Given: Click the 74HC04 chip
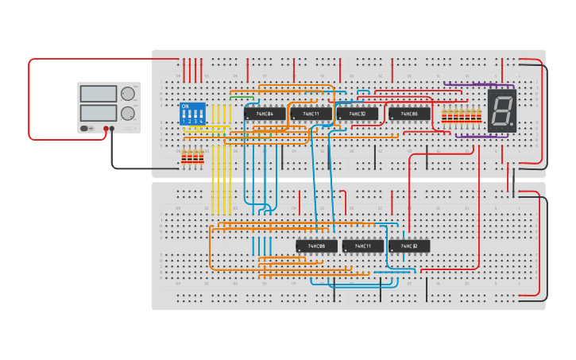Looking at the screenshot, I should (264, 114).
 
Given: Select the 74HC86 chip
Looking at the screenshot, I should (409, 114).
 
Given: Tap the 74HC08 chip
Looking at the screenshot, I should (316, 246).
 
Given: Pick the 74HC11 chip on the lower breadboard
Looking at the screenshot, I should (362, 246).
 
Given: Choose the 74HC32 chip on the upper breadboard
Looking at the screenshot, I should (357, 114).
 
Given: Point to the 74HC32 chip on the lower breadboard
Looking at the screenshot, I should (408, 246).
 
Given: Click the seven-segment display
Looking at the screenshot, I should (501, 110).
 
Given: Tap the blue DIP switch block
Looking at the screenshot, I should (191, 113).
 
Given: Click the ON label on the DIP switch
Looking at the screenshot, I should (185, 106).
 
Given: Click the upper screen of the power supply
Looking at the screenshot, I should (99, 94).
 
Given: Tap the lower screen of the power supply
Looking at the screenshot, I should (99, 112).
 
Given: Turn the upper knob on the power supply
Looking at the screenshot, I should (127, 94).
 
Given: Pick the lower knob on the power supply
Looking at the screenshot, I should (127, 112).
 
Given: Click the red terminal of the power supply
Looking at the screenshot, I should (104, 128).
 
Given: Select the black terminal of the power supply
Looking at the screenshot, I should (112, 128).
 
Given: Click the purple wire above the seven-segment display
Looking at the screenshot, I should (473, 84).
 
